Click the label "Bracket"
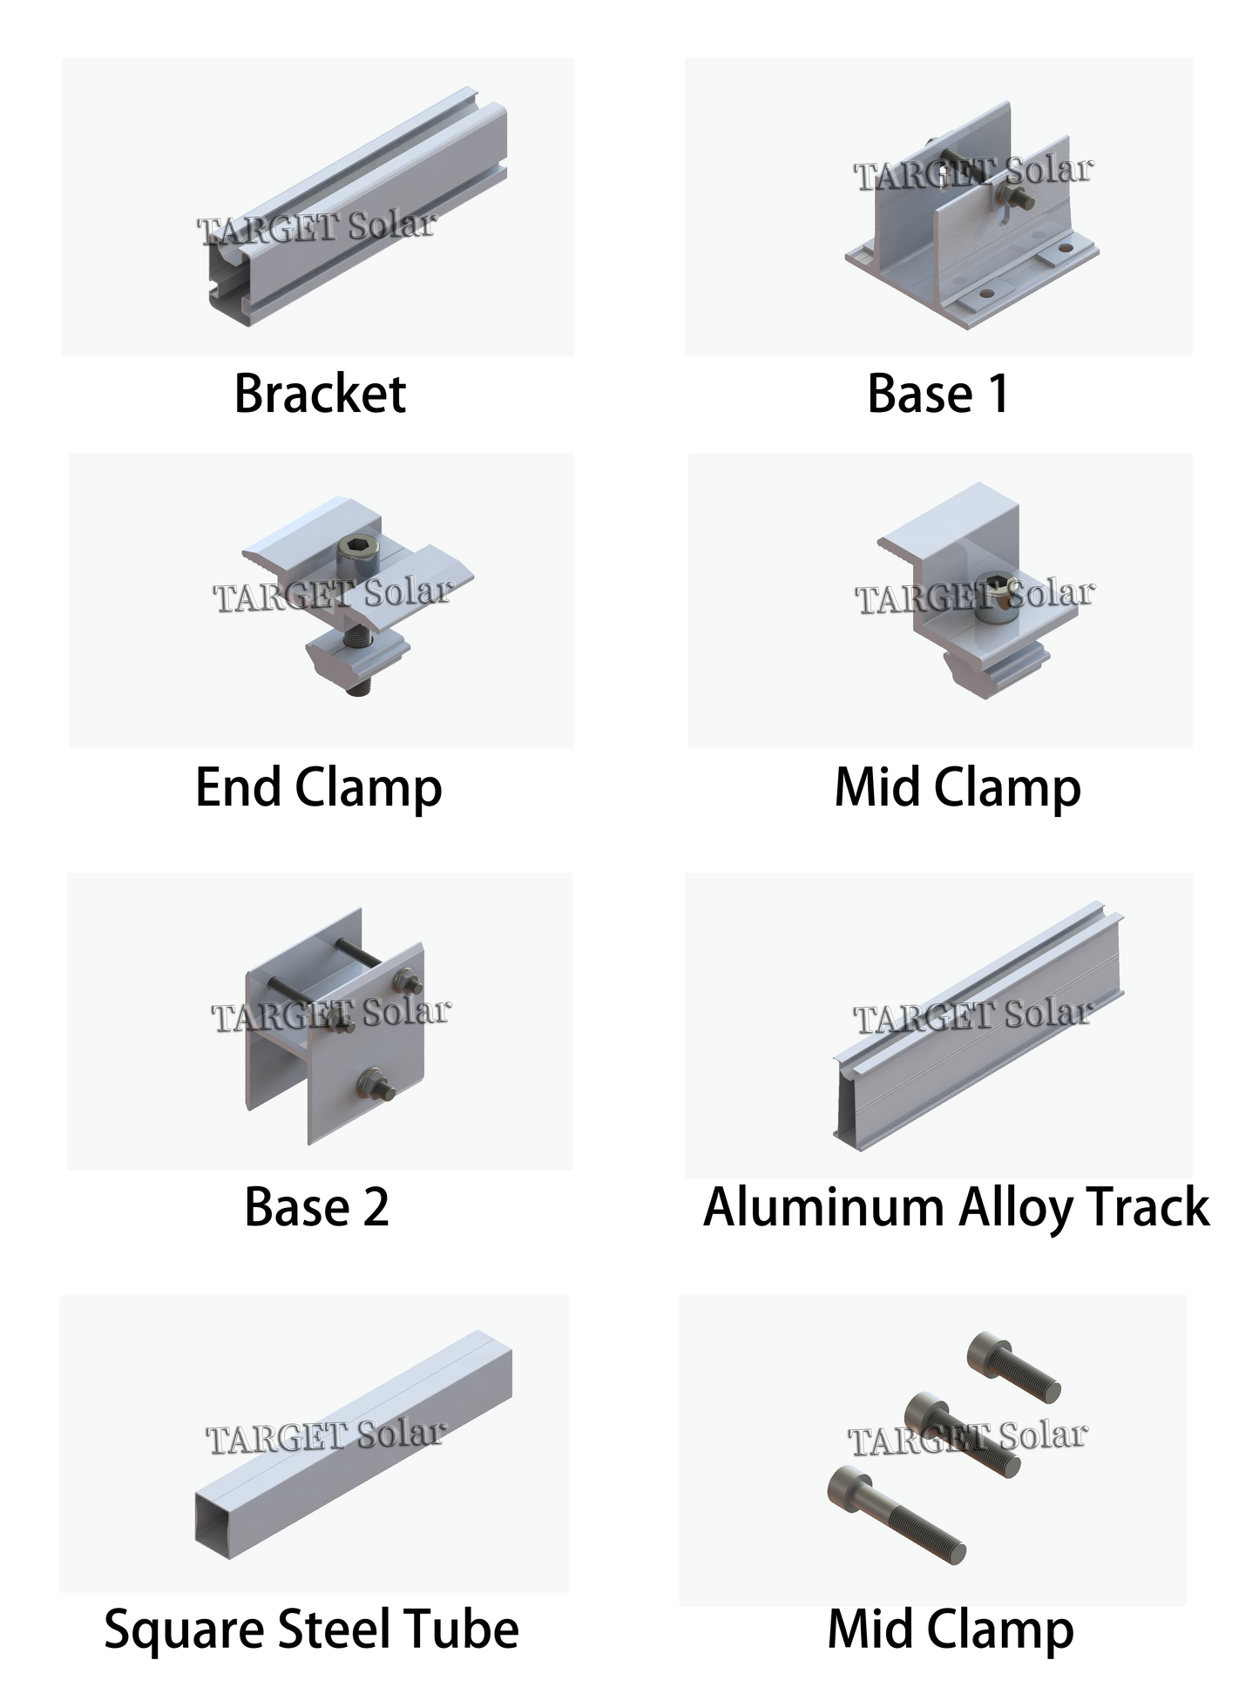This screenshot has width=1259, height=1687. click(x=320, y=394)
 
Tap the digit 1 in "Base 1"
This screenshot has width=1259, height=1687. click(x=998, y=394)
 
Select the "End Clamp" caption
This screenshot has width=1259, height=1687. click(x=319, y=788)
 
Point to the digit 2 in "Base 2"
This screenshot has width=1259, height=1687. click(x=376, y=1207)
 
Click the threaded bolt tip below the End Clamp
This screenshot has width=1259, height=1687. click(x=358, y=685)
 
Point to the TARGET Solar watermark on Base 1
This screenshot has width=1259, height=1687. click(x=972, y=172)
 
